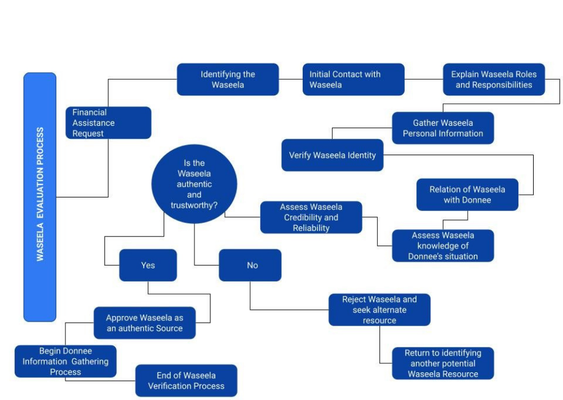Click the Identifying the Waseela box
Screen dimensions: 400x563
[x=228, y=80]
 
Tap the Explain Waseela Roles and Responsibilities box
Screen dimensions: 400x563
[x=494, y=80]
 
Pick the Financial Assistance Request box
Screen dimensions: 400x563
[x=108, y=123]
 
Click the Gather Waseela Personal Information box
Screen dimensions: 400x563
[x=442, y=128]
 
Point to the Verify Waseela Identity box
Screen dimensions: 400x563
[x=332, y=155]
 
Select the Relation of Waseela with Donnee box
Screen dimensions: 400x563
[x=467, y=195]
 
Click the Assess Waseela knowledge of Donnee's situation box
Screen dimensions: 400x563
[x=442, y=246]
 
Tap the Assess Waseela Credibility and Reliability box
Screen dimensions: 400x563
[x=311, y=217]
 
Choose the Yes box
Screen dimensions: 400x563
[x=148, y=265]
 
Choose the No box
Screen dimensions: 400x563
[x=250, y=265]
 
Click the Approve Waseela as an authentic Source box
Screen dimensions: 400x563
[x=144, y=323]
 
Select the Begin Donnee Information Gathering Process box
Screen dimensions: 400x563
[x=65, y=362]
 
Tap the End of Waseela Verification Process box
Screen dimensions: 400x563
[x=186, y=381]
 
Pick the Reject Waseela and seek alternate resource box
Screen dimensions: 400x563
[x=379, y=310]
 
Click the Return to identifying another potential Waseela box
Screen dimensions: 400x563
[x=442, y=363]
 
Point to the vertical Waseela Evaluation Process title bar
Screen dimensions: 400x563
[x=40, y=197]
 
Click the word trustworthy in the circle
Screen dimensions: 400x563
[x=194, y=205]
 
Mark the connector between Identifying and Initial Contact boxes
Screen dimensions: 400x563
[x=291, y=80]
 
